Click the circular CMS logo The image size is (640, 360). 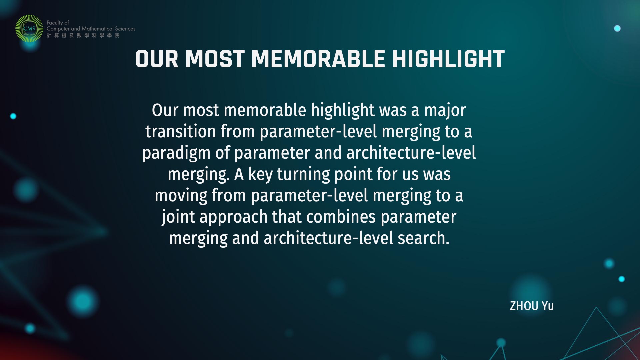[x=29, y=28]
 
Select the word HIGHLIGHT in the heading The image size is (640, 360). [x=448, y=59]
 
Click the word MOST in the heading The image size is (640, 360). [x=215, y=59]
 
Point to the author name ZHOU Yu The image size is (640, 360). [x=532, y=306]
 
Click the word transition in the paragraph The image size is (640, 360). [x=181, y=131]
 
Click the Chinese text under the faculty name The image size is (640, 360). [x=83, y=35]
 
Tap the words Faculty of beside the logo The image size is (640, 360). [x=58, y=23]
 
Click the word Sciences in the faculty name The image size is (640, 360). [x=125, y=29]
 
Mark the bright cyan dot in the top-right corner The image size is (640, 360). [x=617, y=28]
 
